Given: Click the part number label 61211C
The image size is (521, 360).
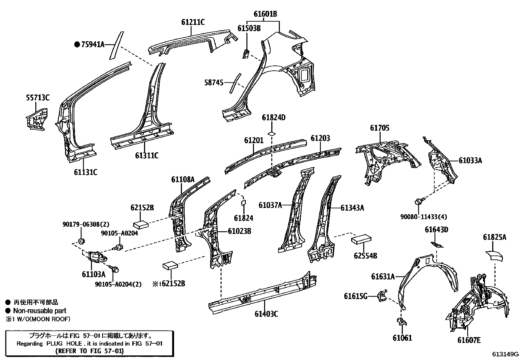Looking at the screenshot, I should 193,22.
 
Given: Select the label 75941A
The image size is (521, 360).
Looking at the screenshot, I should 93,44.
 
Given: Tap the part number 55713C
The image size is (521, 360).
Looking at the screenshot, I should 38,98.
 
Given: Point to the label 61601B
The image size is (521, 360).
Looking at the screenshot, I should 265,14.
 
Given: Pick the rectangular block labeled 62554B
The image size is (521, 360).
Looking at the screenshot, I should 361,239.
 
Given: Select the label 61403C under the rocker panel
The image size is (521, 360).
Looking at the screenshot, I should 266,314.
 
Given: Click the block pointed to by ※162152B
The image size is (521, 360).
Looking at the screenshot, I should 170,265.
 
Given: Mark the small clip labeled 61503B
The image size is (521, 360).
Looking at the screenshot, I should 245,53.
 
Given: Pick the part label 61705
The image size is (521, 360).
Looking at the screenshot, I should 380,128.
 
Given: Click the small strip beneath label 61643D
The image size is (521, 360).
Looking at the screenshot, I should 437,244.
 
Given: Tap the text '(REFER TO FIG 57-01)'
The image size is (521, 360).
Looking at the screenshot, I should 89,351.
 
